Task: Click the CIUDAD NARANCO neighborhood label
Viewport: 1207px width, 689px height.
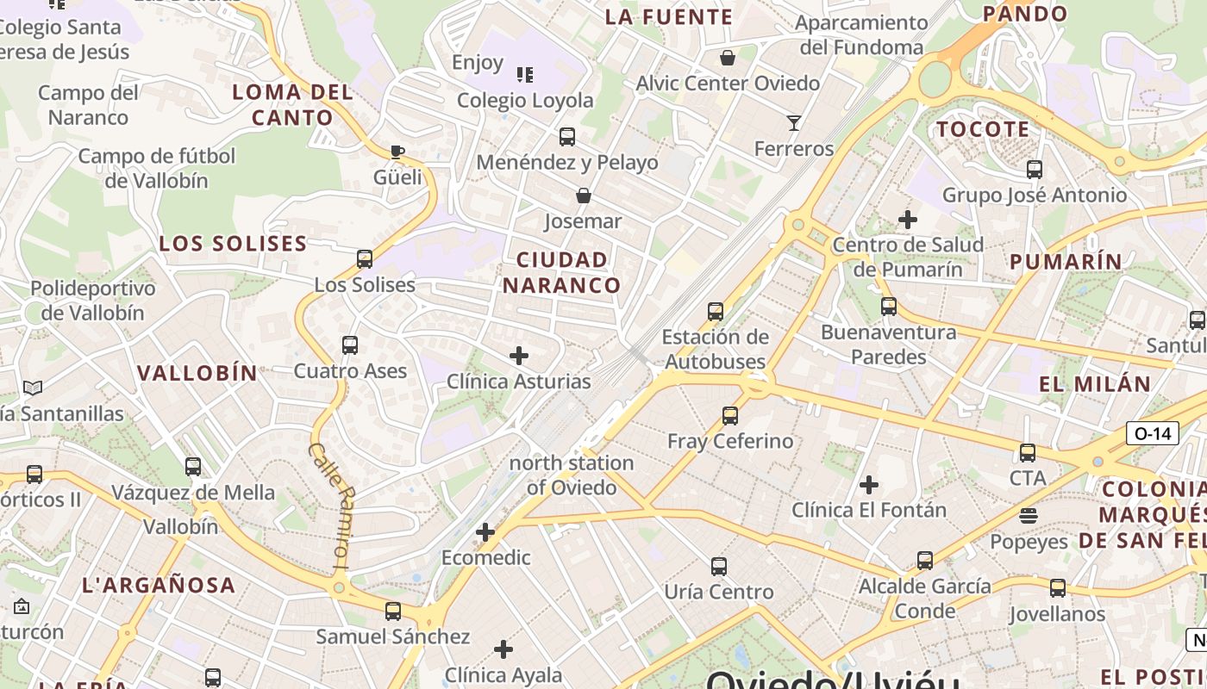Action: [x=562, y=272]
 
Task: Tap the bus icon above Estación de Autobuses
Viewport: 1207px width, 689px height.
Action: [x=715, y=312]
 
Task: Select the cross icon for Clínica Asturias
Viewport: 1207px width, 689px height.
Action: [x=519, y=356]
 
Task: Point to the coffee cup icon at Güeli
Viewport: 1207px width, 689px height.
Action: [x=397, y=152]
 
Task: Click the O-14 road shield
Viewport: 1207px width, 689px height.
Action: [x=1153, y=433]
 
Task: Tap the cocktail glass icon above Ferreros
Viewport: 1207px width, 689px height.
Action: [x=794, y=123]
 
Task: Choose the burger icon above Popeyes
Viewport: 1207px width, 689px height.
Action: [x=1028, y=516]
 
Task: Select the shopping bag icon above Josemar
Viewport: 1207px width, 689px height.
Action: [x=584, y=196]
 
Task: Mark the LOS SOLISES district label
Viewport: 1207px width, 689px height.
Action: [x=233, y=244]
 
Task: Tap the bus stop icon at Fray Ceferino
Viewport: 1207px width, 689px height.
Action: [x=730, y=416]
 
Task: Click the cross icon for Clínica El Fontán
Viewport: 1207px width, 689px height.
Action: [x=869, y=485]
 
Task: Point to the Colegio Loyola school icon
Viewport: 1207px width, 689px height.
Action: [x=524, y=75]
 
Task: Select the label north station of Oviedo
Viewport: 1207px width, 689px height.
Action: [x=572, y=475]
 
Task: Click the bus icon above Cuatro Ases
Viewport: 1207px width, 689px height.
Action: [x=350, y=345]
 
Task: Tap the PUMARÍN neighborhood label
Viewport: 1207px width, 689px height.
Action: [x=1066, y=262]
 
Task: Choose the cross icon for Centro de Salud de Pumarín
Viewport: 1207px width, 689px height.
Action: [x=908, y=220]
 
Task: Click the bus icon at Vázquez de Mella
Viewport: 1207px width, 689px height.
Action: [x=193, y=467]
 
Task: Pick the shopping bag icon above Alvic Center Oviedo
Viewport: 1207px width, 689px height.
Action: [x=728, y=58]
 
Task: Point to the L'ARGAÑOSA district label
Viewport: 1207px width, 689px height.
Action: [x=159, y=586]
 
